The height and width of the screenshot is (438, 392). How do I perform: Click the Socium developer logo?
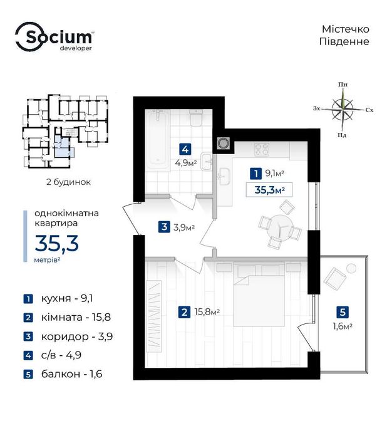coord(54,37)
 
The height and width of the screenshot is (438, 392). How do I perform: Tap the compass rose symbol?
coord(343,109)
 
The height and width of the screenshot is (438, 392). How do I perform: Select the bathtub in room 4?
coord(157,139)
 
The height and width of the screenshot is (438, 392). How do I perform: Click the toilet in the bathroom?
coord(196,118)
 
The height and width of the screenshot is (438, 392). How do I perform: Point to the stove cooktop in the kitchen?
coord(262,149)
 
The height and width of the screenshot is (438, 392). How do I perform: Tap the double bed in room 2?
coord(259,295)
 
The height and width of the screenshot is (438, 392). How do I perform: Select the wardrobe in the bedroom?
coord(154,316)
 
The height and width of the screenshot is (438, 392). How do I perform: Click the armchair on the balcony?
coord(335,278)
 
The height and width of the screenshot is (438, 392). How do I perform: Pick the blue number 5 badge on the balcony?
coord(343,312)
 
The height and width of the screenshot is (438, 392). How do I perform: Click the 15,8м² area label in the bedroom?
coord(207,311)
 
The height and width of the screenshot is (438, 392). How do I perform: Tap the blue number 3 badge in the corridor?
coord(164,227)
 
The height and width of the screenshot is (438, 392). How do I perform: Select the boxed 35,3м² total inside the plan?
coord(269,190)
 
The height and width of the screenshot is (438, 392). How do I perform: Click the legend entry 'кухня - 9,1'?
coord(58,298)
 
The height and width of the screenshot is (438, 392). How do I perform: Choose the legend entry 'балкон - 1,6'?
coord(63,373)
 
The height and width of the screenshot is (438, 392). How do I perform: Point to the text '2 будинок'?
coord(68,182)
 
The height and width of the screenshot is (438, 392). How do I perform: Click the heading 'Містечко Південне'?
coord(344,35)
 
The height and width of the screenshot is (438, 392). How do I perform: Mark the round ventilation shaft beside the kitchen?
coord(223,143)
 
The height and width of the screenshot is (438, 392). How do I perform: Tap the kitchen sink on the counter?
coord(224,176)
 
